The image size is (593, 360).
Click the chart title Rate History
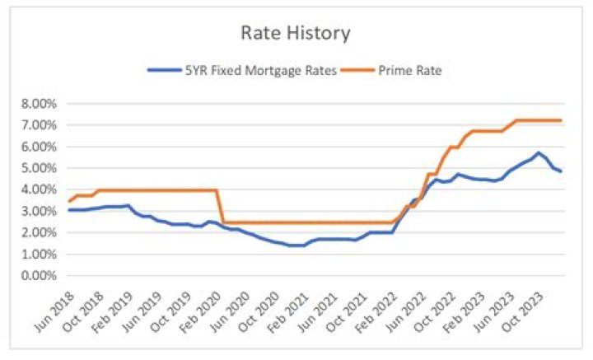pyautogui.click(x=295, y=33)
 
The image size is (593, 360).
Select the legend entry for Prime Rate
pyautogui.click(x=409, y=71)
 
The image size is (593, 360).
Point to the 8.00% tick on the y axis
pyautogui.click(x=41, y=104)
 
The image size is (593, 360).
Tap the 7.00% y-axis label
pyautogui.click(x=41, y=125)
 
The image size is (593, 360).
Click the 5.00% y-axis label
pyautogui.click(x=41, y=168)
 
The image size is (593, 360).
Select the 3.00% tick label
pyautogui.click(x=41, y=211)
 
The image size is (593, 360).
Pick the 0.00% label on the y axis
pyautogui.click(x=41, y=275)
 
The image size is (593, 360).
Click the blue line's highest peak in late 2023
pyautogui.click(x=538, y=152)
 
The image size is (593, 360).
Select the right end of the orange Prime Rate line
pyautogui.click(x=561, y=120)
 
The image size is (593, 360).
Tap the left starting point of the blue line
pyautogui.click(x=69, y=210)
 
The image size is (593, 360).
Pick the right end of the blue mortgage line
pyautogui.click(x=561, y=171)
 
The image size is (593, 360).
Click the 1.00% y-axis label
pyautogui.click(x=41, y=254)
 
